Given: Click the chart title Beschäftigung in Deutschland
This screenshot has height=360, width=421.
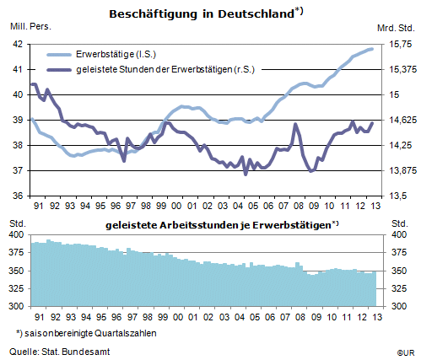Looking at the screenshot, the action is tap(202, 13).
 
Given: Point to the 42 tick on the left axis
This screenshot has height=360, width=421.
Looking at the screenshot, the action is tap(18, 44).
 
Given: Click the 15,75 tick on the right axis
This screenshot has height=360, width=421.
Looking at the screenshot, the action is tap(400, 44).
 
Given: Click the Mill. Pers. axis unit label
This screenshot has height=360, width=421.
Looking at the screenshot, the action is tap(30, 26).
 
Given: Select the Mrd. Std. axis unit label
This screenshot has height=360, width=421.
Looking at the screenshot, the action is tap(396, 28).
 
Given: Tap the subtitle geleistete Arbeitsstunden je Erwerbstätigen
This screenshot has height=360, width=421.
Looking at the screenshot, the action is tap(218, 225).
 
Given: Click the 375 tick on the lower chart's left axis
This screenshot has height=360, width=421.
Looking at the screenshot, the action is tap(16, 252).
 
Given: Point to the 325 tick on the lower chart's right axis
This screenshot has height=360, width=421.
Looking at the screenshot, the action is tap(399, 288).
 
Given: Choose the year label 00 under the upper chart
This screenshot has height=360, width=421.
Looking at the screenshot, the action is tap(176, 206).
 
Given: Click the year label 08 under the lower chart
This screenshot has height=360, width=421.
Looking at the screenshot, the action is tap(300, 317).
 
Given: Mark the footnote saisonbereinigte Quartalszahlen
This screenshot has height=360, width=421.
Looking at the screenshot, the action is tap(86, 333).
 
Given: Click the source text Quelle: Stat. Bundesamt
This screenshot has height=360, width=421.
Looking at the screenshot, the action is tap(60, 352).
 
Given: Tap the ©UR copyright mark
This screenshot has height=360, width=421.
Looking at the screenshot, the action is tap(406, 352).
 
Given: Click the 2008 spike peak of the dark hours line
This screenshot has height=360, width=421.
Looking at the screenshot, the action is tap(295, 124).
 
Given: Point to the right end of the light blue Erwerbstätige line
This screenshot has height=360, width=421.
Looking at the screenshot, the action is tap(372, 49).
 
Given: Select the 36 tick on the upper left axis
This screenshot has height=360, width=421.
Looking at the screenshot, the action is tap(18, 196).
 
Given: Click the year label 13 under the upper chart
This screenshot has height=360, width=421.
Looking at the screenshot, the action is tap(375, 206).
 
